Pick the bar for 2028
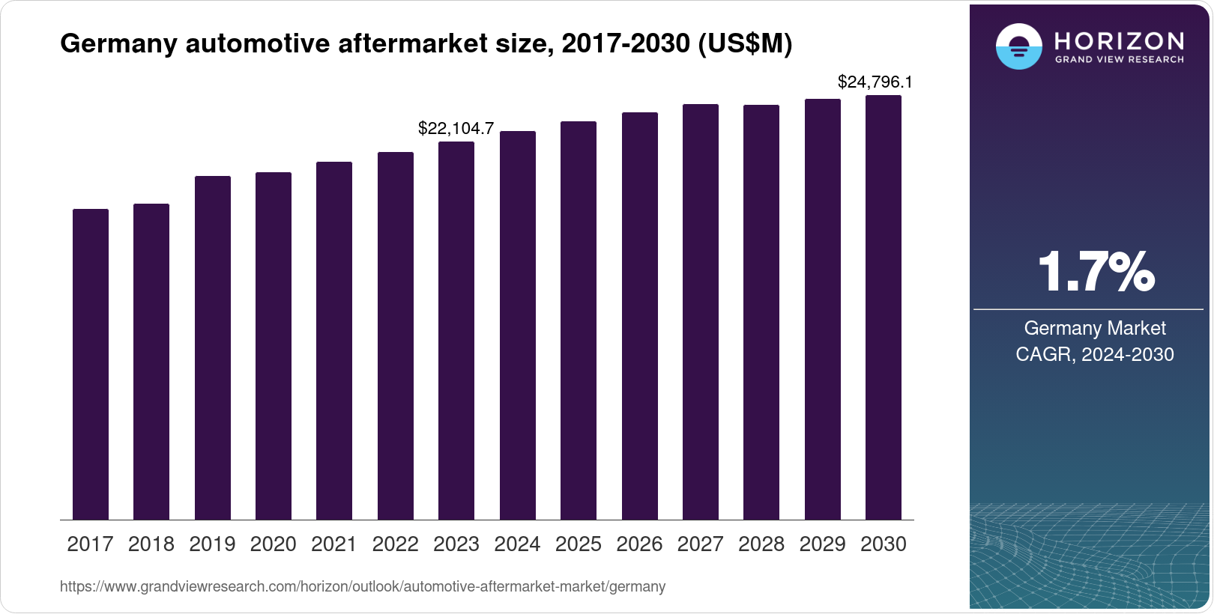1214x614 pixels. [761, 312]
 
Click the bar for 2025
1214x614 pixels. [579, 320]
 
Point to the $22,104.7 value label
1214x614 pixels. [456, 128]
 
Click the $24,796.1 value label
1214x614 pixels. [875, 82]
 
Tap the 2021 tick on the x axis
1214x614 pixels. [334, 544]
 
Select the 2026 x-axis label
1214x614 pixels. [639, 544]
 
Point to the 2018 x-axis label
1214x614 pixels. [151, 544]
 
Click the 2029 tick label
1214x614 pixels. [822, 544]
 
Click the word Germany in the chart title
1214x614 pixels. [118, 44]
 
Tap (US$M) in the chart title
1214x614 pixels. [745, 44]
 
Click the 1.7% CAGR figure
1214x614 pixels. [1095, 272]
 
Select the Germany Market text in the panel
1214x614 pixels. [1095, 328]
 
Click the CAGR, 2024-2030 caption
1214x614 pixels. [1095, 354]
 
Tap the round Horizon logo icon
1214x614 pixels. [1018, 46]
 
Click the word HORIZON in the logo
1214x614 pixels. [1119, 40]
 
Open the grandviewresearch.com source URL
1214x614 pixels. [363, 586]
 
